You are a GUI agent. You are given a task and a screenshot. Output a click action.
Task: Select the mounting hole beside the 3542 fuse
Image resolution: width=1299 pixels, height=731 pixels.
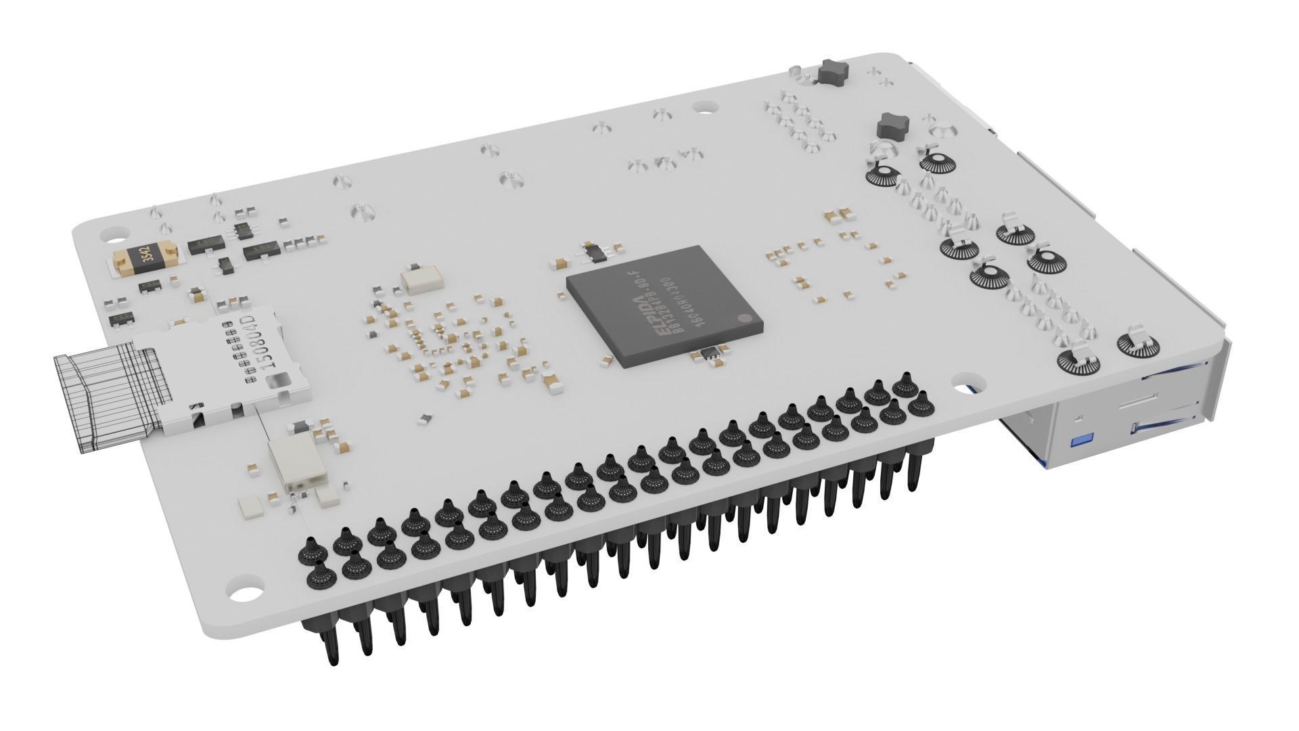(108, 234)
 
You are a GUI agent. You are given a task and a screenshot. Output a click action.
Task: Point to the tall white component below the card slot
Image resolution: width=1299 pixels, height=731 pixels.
(296, 463)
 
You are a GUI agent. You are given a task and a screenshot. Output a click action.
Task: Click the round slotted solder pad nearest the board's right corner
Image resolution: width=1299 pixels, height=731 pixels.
(1143, 346)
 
